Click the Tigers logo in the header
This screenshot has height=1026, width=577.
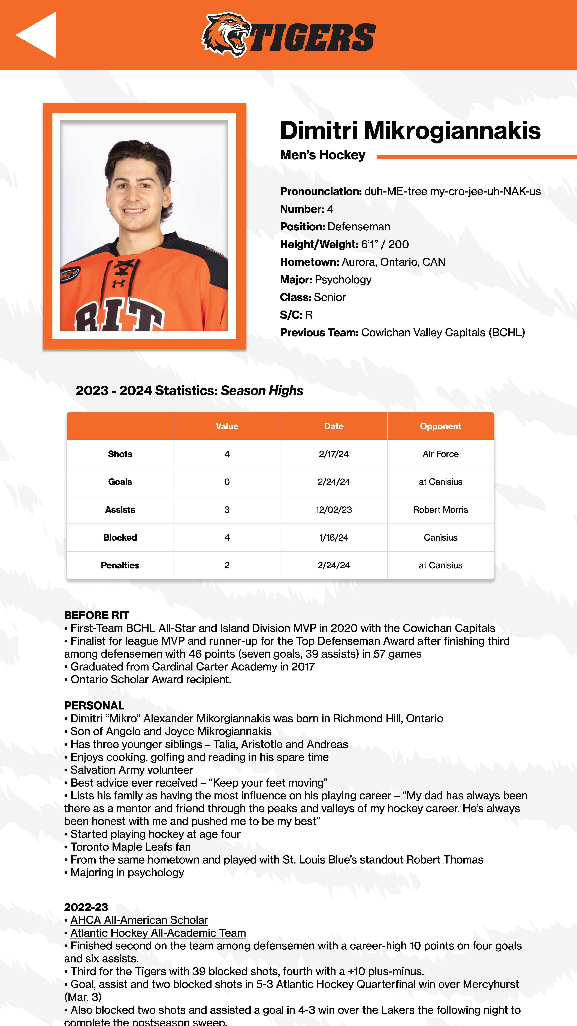288,35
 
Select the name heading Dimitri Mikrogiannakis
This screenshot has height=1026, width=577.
410,131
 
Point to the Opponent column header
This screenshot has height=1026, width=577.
440,426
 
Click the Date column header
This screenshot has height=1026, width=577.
334,426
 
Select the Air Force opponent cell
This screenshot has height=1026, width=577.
440,454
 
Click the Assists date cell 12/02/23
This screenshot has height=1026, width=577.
334,510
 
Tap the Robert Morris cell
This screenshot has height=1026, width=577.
440,510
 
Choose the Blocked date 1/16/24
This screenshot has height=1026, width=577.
334,538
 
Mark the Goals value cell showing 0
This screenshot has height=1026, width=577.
227,482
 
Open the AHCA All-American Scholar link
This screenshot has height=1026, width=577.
139,920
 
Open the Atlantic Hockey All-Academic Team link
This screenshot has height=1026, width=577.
158,933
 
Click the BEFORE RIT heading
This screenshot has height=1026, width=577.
96,615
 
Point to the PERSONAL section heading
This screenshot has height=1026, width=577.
94,706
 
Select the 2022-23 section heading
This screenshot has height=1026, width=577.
86,907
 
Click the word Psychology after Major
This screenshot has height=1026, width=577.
343,280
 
